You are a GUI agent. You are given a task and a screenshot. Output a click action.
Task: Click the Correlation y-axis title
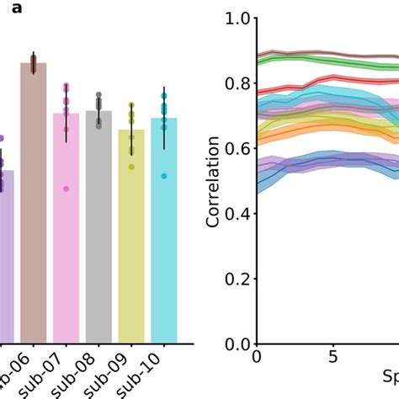214,181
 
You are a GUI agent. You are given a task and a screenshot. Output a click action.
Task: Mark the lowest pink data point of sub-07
66,189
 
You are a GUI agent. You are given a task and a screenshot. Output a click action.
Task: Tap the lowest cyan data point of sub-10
164,176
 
